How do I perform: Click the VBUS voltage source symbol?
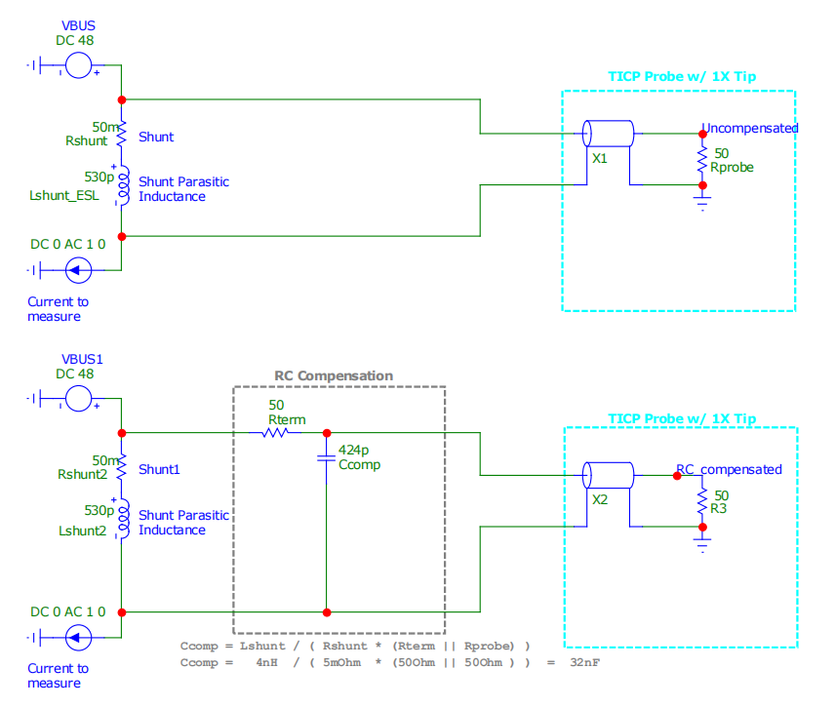[x=78, y=65]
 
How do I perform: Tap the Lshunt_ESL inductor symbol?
[x=123, y=185]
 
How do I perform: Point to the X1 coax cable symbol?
[x=607, y=133]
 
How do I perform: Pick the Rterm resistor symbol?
[x=274, y=433]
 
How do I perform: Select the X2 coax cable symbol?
[x=607, y=476]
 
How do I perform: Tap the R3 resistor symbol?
[x=701, y=501]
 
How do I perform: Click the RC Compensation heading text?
[x=333, y=375]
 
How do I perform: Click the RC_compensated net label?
[x=730, y=469]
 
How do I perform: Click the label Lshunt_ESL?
[x=64, y=196]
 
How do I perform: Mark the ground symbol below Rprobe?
[x=701, y=203]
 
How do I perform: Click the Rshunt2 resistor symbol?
[x=122, y=469]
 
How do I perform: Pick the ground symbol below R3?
[x=701, y=542]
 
